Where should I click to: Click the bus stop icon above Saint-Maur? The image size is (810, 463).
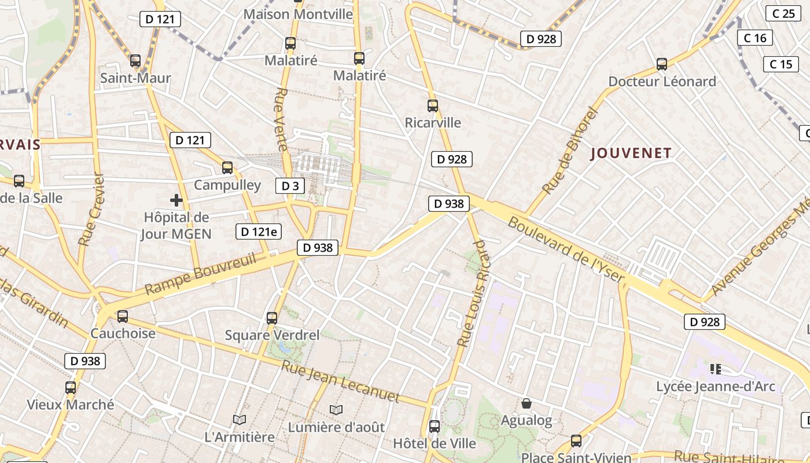[135, 60]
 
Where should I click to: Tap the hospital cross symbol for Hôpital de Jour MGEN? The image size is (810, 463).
[176, 200]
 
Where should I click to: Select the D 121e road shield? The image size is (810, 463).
[259, 232]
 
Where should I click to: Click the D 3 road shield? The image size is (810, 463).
[290, 186]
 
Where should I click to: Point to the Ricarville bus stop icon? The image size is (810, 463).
[433, 106]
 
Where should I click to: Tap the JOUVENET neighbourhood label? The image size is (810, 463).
[631, 153]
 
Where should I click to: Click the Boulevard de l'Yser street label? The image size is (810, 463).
[566, 250]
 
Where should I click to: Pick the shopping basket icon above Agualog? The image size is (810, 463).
[526, 403]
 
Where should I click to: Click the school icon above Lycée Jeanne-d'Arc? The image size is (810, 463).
[716, 369]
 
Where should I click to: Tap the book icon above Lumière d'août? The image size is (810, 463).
[336, 410]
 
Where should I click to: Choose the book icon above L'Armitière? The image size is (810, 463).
[240, 419]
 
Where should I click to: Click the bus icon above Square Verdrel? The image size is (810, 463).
[272, 318]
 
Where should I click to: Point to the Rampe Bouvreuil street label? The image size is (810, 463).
[200, 274]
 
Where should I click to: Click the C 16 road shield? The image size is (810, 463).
[755, 38]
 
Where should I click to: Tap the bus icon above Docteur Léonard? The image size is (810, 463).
[662, 64]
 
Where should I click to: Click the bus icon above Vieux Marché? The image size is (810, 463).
[71, 388]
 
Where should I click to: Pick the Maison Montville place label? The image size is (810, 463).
[298, 14]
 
